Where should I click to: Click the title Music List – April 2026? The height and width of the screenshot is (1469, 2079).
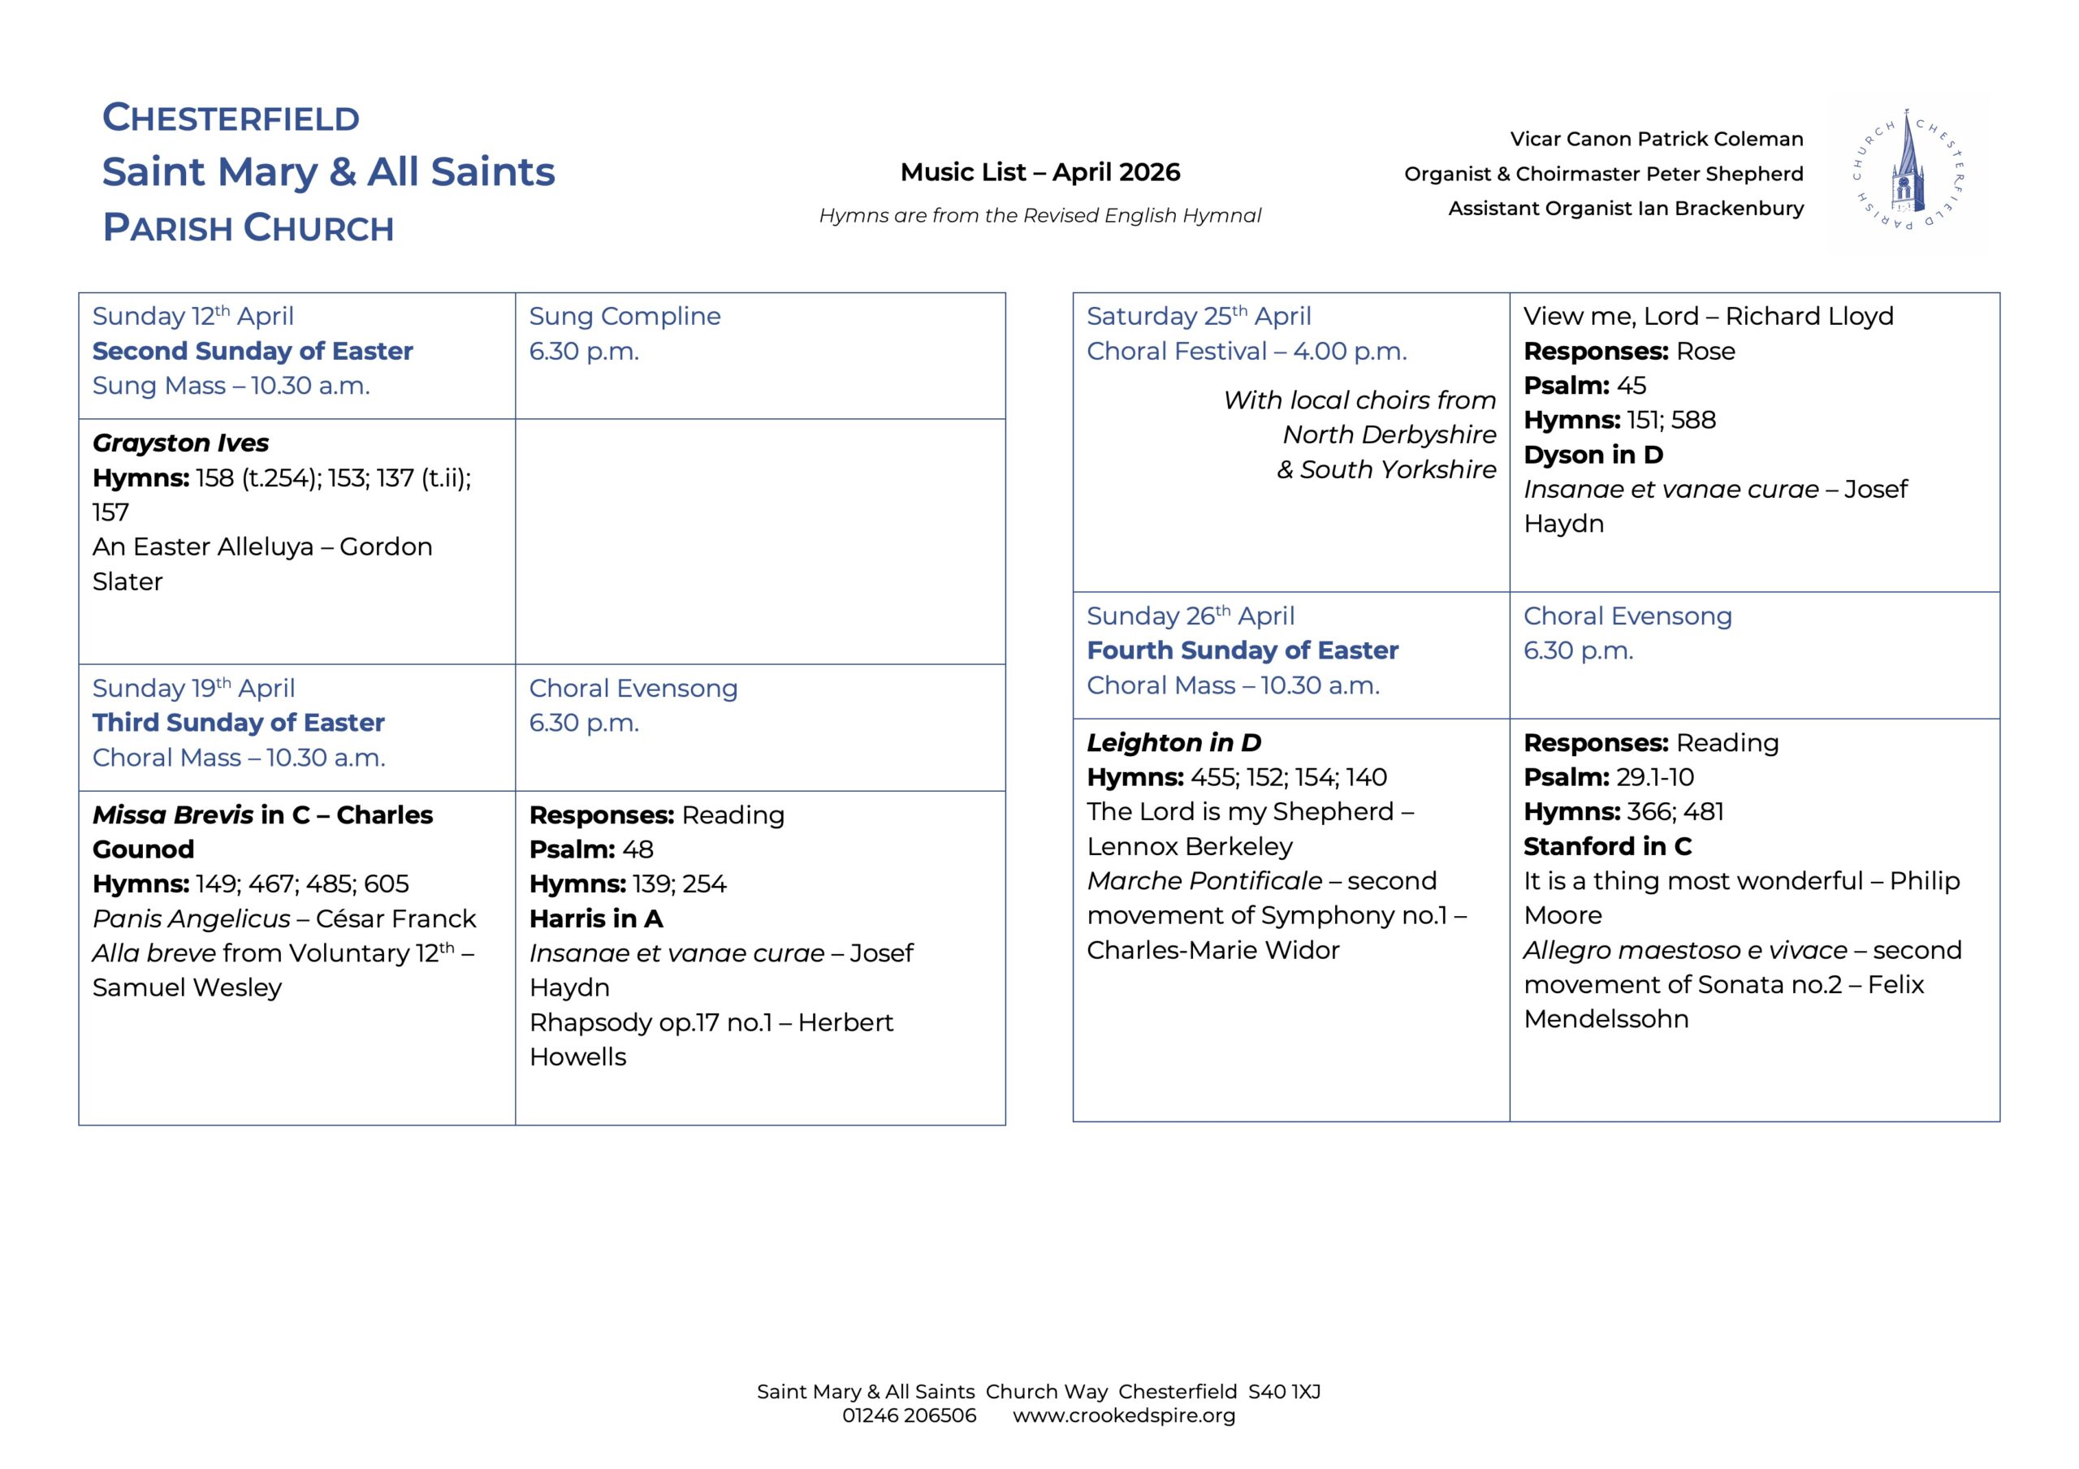(x=1039, y=172)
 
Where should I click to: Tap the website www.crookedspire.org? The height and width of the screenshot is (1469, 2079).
(x=1123, y=1415)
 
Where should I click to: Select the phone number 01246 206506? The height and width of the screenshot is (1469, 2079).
(x=909, y=1415)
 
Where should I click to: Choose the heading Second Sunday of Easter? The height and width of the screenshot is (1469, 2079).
(x=252, y=351)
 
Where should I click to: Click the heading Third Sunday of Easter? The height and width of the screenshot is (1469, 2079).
(x=238, y=722)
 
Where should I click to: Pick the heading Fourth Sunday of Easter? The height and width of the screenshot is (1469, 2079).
(x=1243, y=650)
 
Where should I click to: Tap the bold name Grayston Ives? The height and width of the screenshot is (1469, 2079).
(x=180, y=443)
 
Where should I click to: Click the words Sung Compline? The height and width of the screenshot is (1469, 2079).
(x=625, y=316)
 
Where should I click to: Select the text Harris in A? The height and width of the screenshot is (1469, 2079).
(x=596, y=918)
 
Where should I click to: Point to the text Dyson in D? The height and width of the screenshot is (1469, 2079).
(x=1593, y=455)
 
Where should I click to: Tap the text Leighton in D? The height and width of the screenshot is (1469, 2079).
(x=1173, y=743)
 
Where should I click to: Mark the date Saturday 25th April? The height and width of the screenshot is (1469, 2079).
(x=1198, y=316)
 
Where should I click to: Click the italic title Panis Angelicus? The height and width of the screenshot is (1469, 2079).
(x=191, y=918)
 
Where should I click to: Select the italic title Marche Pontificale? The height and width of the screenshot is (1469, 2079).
(x=1204, y=880)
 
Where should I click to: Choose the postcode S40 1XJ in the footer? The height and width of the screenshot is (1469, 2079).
(x=1284, y=1392)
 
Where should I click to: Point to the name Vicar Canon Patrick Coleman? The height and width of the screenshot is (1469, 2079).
(x=1656, y=140)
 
